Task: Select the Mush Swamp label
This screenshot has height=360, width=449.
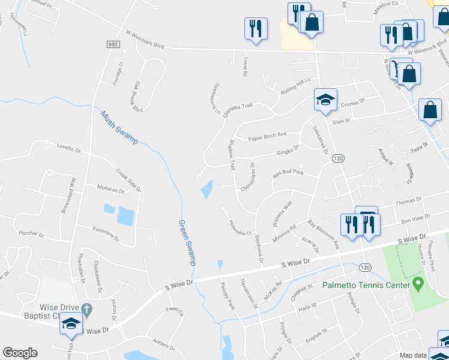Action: point(119,127)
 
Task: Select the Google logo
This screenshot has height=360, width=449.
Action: point(20,353)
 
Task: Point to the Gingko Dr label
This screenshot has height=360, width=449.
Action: point(288,149)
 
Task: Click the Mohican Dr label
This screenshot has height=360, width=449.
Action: point(110,190)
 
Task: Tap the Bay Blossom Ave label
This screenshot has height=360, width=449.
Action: point(324,235)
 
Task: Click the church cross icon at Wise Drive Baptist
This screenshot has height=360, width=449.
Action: point(86,310)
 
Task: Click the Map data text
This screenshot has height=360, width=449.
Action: point(414,355)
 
